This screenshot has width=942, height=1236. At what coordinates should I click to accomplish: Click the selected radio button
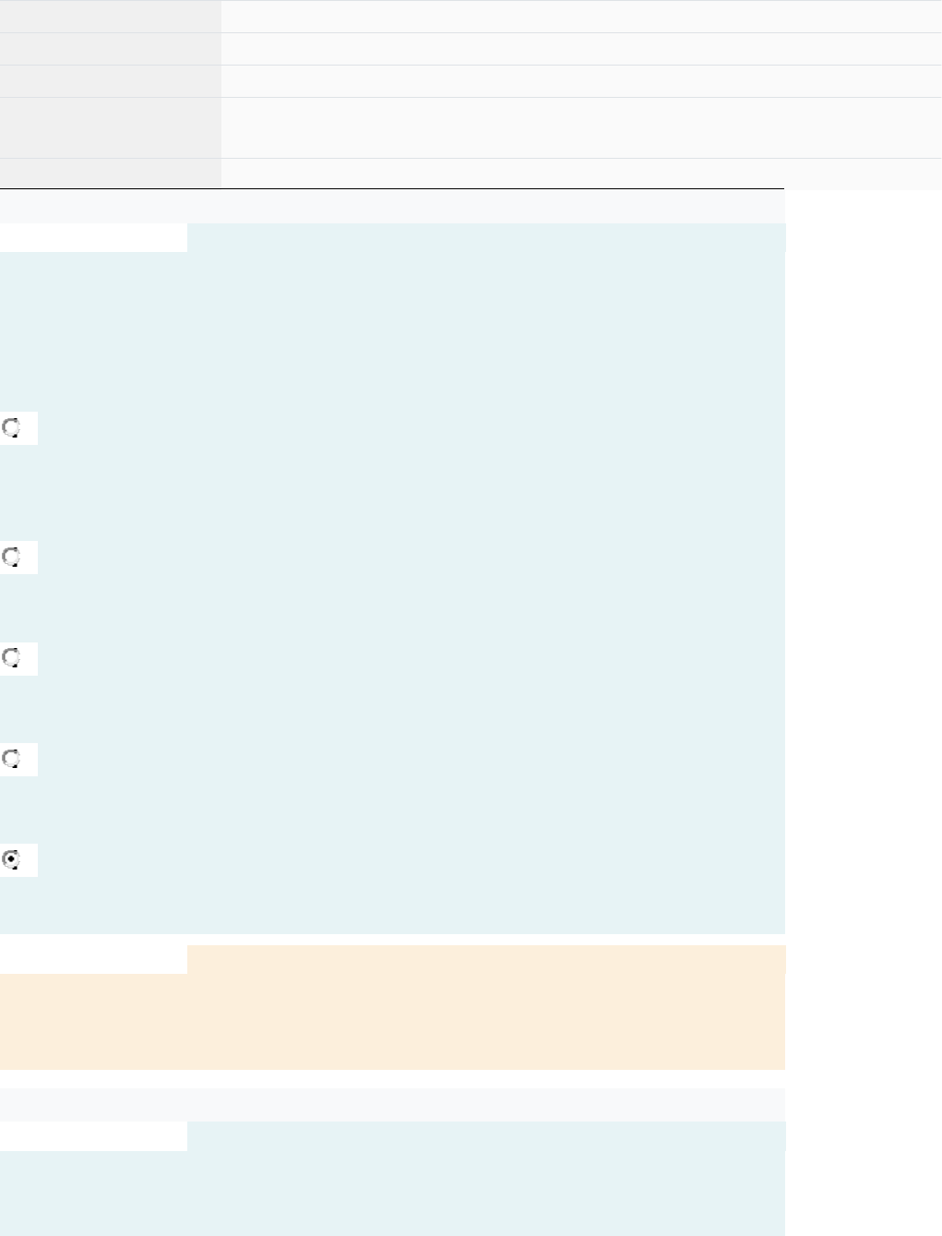pos(12,859)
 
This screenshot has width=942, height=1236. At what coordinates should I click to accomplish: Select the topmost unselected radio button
pos(12,427)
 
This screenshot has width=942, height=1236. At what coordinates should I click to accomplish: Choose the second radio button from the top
pos(12,557)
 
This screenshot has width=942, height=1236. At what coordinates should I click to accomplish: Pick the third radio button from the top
pos(12,658)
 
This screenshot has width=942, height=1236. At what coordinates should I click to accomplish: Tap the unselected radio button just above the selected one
pos(12,759)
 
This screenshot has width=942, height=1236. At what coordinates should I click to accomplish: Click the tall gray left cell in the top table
pos(110,127)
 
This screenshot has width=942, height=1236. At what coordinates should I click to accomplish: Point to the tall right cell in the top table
pos(581,127)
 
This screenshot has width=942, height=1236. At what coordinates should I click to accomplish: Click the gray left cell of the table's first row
pos(110,17)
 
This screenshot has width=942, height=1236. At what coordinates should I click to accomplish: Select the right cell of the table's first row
pos(581,17)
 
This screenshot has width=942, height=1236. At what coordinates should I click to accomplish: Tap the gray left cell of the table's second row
pos(110,49)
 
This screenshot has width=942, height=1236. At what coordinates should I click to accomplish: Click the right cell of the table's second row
pos(581,49)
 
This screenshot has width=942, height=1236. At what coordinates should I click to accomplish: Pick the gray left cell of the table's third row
pos(110,81)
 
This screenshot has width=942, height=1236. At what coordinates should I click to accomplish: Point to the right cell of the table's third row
pos(581,81)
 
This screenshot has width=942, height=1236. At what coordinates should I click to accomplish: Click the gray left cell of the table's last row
pos(110,174)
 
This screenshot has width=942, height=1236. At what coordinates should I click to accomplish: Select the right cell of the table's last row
pos(581,174)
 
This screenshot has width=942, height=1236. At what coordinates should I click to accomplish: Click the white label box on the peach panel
pos(93,959)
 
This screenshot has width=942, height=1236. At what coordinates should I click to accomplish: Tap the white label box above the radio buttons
pos(93,237)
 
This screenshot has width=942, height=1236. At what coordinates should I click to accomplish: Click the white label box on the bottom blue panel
pos(93,1136)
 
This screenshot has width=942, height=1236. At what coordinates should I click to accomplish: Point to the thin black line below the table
pos(392,189)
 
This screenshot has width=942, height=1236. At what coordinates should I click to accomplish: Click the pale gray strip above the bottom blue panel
pos(392,1104)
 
